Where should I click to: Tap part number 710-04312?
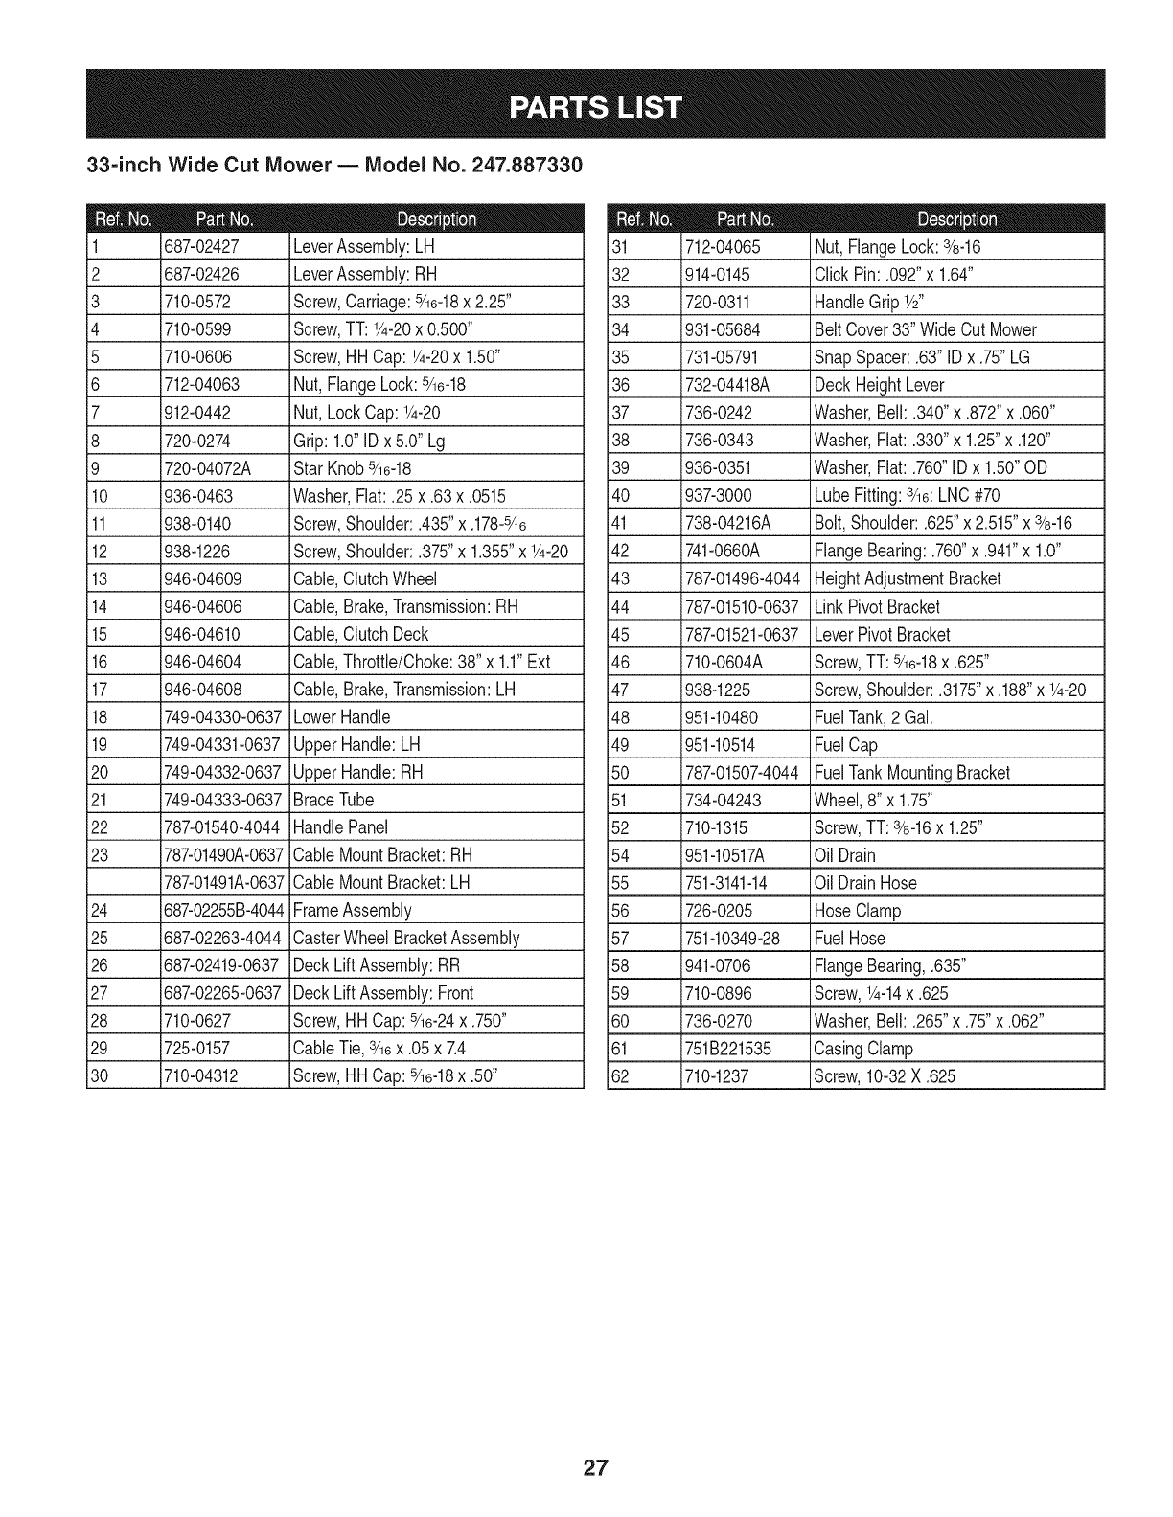203,1075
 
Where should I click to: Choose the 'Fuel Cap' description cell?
845,744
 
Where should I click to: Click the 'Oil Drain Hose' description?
864,882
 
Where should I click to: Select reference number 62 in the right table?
620,1075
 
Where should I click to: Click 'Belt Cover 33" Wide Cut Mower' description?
925,329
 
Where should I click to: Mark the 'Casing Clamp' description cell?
862,1048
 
